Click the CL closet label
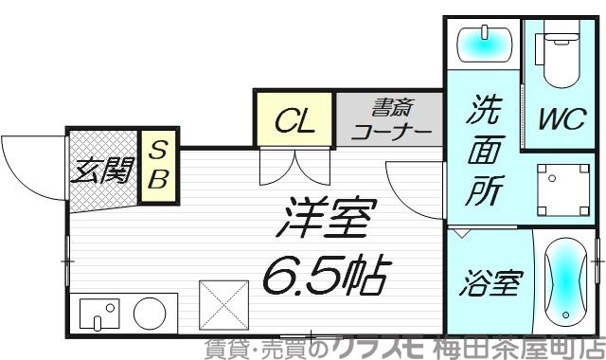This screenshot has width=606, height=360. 293,120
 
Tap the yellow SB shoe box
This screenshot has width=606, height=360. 157,165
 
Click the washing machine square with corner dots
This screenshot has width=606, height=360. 560,187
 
